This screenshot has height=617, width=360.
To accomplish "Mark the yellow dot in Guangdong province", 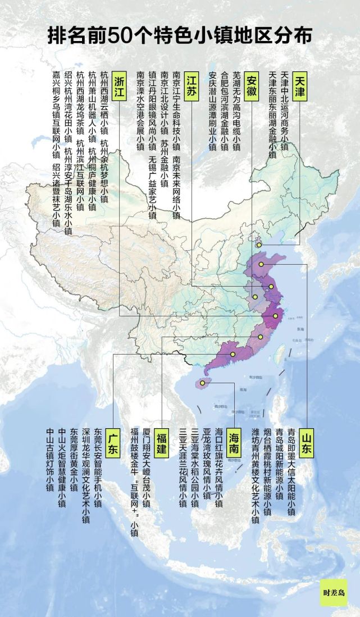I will (233, 354).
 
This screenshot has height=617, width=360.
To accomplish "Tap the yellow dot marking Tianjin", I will (258, 245).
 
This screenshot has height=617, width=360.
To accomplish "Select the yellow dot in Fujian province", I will (261, 337).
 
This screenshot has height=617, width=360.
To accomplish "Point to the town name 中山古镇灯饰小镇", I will (50, 458).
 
